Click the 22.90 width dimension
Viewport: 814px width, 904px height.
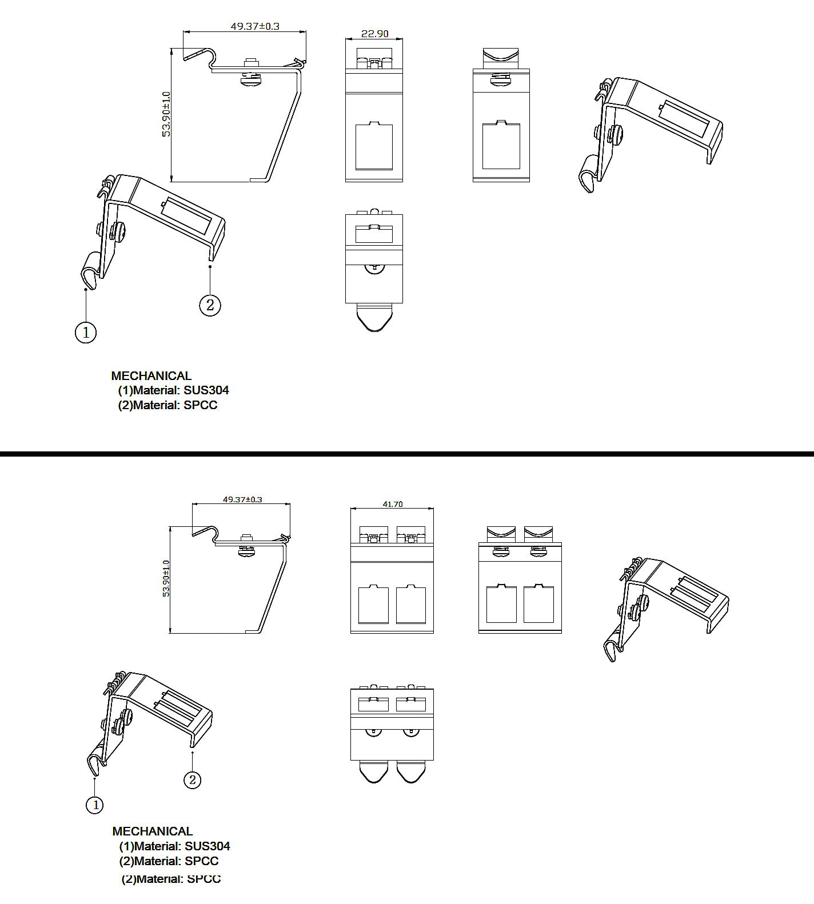pos(374,34)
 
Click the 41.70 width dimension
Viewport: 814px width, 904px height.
pos(392,504)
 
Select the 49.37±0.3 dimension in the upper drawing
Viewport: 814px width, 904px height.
pos(255,26)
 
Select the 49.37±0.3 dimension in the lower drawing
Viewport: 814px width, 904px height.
pos(242,499)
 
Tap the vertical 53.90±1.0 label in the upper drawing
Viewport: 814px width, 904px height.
pos(166,114)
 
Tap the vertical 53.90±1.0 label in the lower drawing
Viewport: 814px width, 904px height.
pos(166,578)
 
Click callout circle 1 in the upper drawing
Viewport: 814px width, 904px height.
pos(86,332)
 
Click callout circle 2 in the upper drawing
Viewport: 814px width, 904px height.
pos(210,305)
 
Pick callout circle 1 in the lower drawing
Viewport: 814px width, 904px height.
pos(95,805)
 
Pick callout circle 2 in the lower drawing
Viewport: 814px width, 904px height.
pos(192,779)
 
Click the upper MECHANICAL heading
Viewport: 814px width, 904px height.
pos(151,376)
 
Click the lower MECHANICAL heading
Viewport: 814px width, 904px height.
pos(152,831)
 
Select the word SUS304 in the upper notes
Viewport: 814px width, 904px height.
pos(206,390)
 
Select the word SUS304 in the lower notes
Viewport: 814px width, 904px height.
pos(207,846)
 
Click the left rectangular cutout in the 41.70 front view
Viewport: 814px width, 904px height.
pos(373,605)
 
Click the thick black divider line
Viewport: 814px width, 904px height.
pos(407,454)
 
